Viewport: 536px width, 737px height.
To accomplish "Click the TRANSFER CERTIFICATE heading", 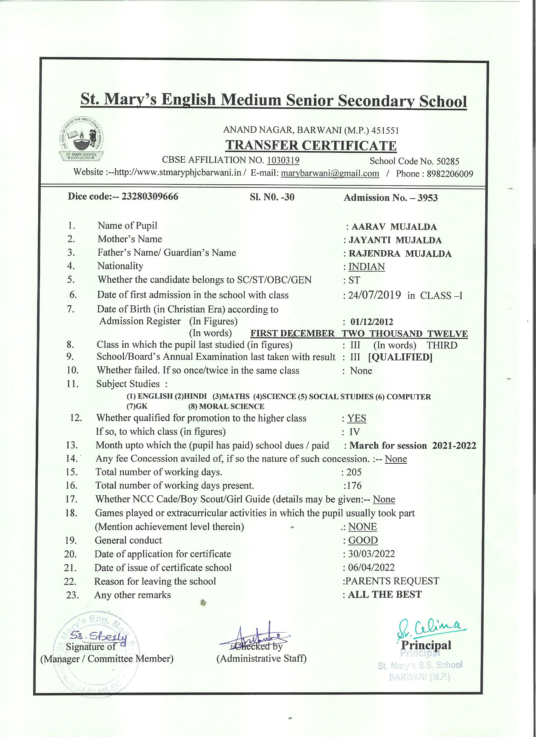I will [x=311, y=145].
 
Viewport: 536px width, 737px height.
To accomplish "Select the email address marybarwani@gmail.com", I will [x=329, y=173].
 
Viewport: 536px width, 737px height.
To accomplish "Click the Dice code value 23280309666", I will [x=149, y=197].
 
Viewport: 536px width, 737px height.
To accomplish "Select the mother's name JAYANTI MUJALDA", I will [x=395, y=240].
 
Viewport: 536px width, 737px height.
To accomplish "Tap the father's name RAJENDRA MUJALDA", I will [x=400, y=253].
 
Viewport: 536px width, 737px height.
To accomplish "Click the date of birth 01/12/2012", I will [x=372, y=322].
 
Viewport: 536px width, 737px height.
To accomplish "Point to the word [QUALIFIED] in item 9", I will [x=400, y=357].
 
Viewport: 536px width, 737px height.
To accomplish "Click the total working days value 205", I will [x=354, y=472].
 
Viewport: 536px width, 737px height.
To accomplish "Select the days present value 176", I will [x=354, y=485].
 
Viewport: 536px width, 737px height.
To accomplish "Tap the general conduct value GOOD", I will [x=363, y=540].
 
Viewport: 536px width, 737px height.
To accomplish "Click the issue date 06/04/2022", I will [x=371, y=567].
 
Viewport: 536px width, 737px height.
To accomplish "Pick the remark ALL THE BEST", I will [x=385, y=594].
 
